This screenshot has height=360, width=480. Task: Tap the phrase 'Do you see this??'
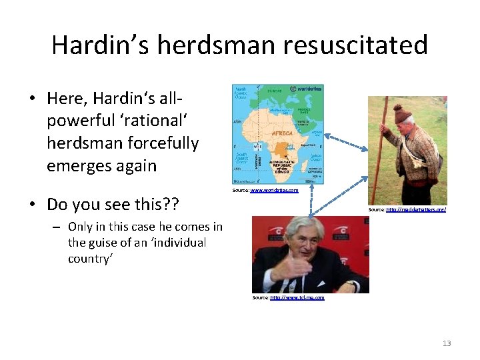click(x=113, y=201)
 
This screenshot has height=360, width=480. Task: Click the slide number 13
click(x=446, y=343)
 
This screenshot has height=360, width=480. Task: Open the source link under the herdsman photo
click(x=415, y=209)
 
